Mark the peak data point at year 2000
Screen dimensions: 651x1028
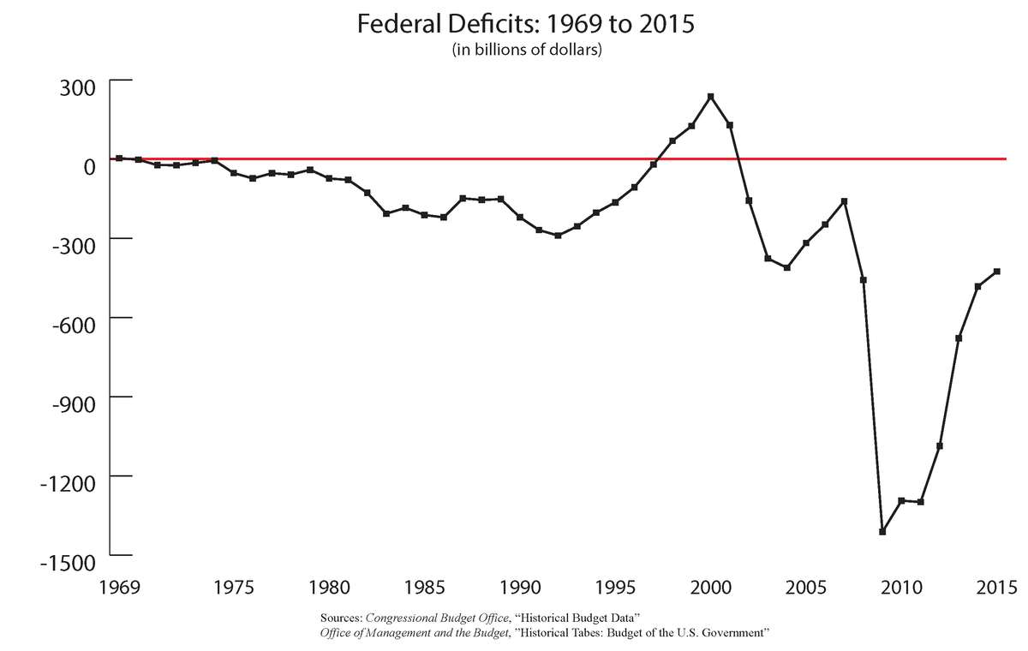(x=710, y=97)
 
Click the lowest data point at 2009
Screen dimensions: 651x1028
(x=882, y=532)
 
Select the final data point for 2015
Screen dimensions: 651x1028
(x=997, y=272)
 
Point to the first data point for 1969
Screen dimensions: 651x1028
(x=119, y=158)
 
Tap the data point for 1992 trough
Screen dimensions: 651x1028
(x=558, y=236)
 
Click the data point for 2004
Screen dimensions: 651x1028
(x=786, y=267)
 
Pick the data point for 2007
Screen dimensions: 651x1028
(x=845, y=201)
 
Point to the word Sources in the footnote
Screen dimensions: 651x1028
(x=340, y=618)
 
